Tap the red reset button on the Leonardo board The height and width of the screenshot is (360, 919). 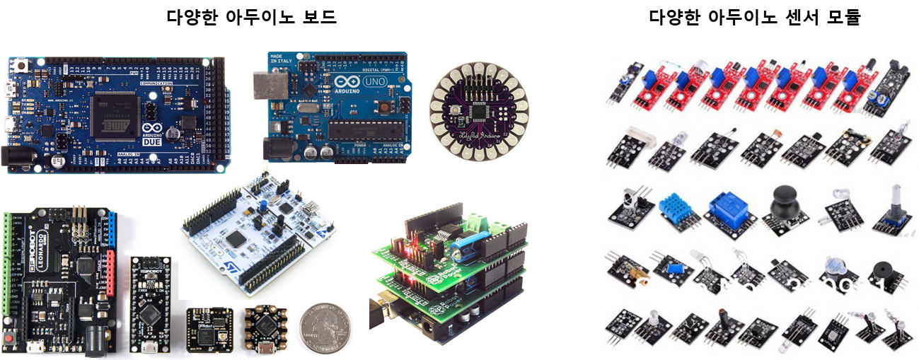click(x=10, y=339)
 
